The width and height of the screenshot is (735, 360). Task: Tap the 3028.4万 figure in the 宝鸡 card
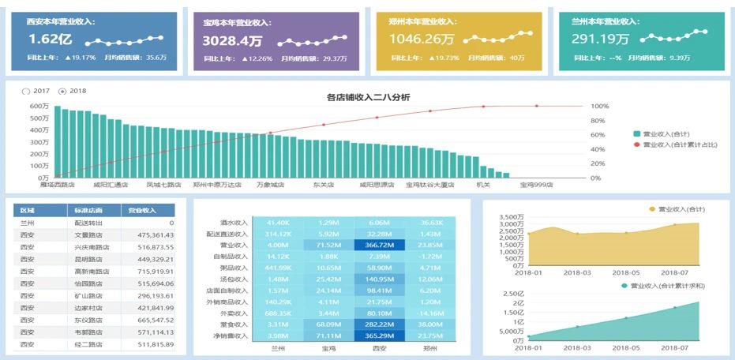(232, 40)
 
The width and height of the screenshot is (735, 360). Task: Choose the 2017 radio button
(27, 91)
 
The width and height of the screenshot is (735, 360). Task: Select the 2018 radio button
(62, 91)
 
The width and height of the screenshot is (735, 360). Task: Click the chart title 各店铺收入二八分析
(368, 97)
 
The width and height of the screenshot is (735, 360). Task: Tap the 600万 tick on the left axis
(40, 107)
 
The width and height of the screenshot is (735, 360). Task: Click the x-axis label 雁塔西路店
(57, 185)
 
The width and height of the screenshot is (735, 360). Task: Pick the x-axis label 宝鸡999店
(536, 185)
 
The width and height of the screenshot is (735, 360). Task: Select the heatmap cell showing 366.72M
(380, 246)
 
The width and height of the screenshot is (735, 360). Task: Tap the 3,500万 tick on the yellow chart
(512, 216)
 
